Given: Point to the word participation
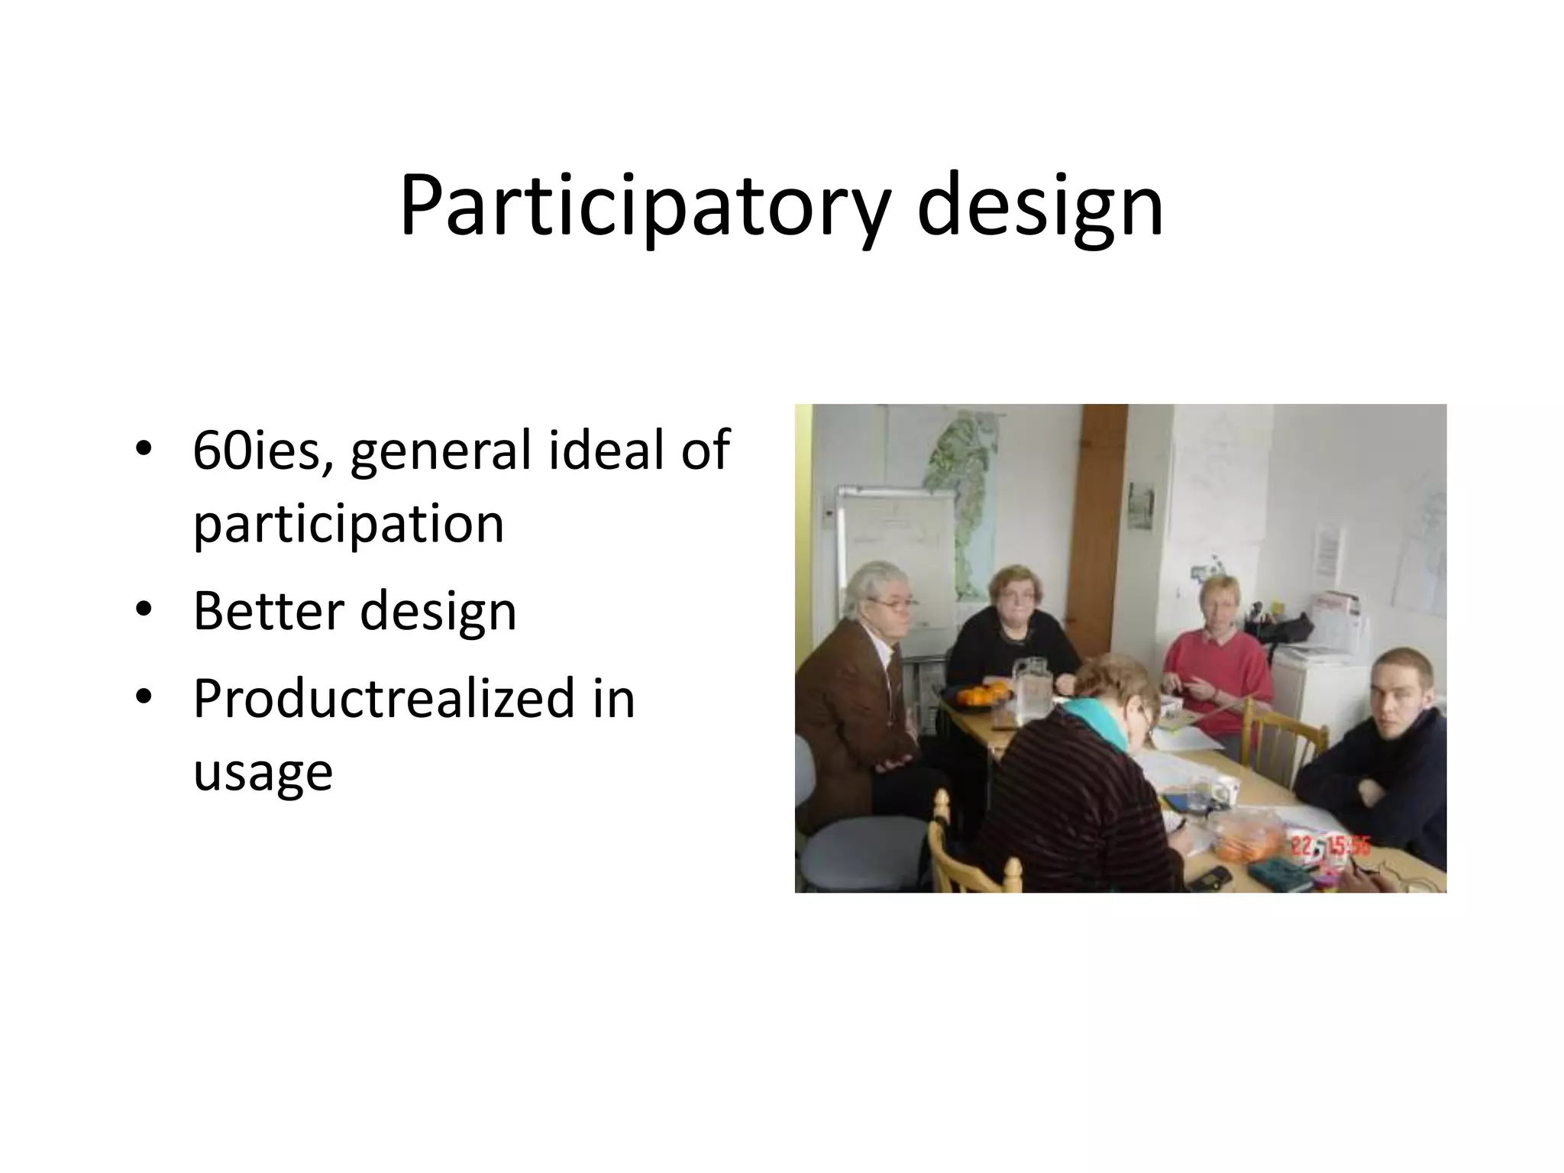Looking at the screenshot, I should click(x=348, y=525).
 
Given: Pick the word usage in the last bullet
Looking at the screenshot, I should click(x=263, y=773).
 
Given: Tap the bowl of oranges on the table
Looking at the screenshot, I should click(x=979, y=697).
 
